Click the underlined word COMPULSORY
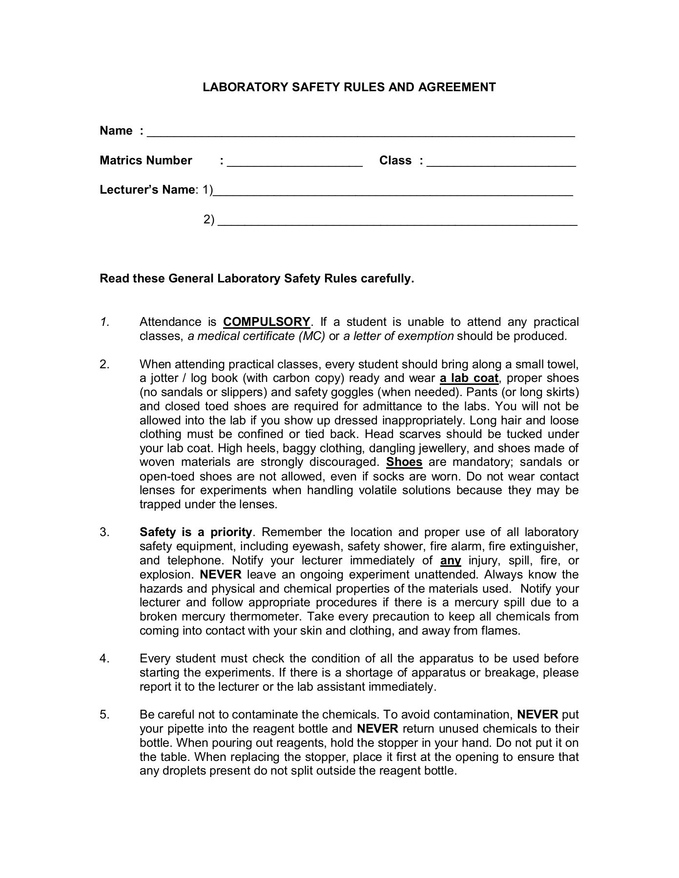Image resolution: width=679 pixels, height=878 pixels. [267, 322]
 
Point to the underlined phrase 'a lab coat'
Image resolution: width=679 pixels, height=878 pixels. [469, 378]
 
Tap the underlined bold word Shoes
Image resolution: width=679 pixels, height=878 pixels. [404, 462]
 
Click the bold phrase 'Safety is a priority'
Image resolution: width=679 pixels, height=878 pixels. [196, 532]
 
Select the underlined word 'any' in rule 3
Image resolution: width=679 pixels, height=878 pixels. [451, 560]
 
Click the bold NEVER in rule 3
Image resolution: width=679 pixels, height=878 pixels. [221, 575]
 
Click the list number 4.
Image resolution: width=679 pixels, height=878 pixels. [104, 658]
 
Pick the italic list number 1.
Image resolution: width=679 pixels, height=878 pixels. [104, 322]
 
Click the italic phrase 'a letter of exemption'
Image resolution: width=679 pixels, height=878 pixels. [398, 336]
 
